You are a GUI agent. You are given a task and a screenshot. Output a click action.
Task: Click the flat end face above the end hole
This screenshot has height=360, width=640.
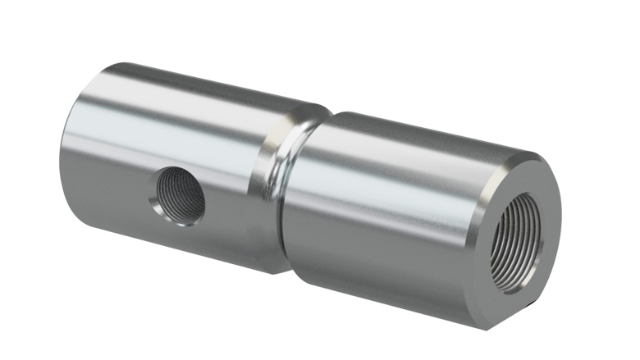(525, 176)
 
